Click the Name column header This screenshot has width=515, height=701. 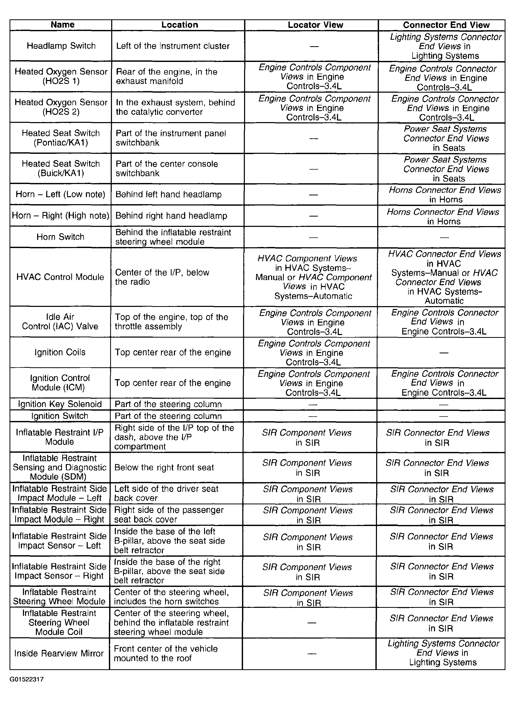tap(62, 25)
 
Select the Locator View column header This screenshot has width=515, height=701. tap(315, 25)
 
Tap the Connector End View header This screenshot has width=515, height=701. tap(446, 25)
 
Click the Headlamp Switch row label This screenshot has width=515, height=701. tap(61, 46)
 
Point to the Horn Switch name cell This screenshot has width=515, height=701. tap(60, 237)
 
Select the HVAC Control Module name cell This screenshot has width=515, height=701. tap(60, 277)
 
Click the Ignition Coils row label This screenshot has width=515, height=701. tap(60, 352)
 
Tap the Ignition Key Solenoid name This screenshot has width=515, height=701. tap(60, 404)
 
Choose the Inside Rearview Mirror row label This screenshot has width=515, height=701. tap(59, 653)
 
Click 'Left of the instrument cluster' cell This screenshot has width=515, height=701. tap(173, 46)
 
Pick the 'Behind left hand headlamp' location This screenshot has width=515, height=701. tap(168, 195)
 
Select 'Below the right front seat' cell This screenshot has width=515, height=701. tap(164, 467)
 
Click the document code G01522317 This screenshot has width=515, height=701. tap(27, 679)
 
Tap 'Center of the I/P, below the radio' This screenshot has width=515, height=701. tap(162, 277)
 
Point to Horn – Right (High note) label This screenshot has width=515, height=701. tap(60, 216)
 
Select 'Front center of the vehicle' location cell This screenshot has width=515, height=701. tap(166, 653)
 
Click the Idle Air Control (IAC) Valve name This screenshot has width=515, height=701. tap(60, 322)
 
